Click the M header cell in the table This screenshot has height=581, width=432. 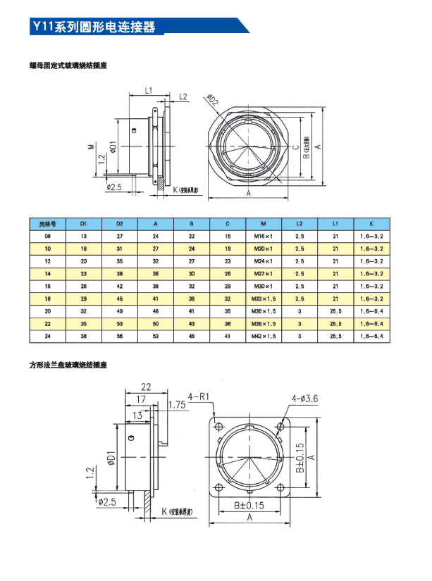[x=264, y=223]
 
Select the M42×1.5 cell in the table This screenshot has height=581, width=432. [x=264, y=336]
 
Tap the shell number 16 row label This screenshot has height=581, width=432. [x=47, y=286]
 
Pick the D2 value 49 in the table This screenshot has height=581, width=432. [x=120, y=311]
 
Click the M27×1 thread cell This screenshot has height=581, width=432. [x=264, y=273]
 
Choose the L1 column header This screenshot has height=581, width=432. [x=336, y=223]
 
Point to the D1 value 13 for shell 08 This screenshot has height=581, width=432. [x=84, y=236]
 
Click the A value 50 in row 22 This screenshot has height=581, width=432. [x=156, y=323]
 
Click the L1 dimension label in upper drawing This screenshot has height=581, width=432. [x=149, y=90]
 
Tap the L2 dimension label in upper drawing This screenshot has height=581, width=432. [x=183, y=96]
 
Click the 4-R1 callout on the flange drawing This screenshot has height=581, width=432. [x=200, y=396]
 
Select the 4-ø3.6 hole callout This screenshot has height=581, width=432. [x=305, y=399]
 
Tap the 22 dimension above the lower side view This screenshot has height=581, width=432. [x=146, y=387]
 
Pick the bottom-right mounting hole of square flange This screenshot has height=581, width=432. [x=283, y=489]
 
